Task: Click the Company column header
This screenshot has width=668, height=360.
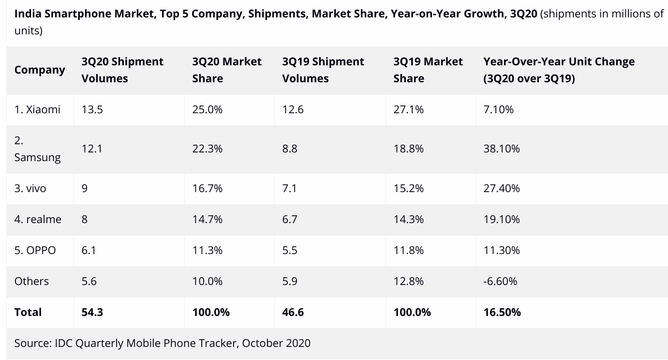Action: pos(40,70)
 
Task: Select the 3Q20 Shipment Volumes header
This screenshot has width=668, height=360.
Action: pos(122,70)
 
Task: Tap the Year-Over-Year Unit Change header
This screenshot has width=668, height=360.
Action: pos(559,70)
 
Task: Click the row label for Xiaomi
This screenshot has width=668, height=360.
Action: pos(37,109)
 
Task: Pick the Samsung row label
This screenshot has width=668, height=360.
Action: pos(37,149)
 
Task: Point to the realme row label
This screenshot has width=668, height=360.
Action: pos(38,219)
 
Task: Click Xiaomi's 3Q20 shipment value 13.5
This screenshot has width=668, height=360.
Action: pos(92,109)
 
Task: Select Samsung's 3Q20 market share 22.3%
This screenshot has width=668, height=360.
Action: pos(207,149)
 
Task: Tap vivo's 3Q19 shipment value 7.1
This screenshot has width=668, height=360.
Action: pos(289,188)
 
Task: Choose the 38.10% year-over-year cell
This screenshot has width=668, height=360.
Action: pos(501,149)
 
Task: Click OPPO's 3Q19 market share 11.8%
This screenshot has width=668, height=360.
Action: pos(408,250)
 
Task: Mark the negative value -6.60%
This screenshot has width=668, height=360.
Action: pos(500,281)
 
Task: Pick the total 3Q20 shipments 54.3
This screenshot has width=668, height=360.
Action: pos(92,312)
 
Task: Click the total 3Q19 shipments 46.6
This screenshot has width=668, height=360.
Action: pos(293,312)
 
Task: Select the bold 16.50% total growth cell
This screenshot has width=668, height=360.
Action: pos(502,312)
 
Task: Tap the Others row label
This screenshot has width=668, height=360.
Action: pos(31,281)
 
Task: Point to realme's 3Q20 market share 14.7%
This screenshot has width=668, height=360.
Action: pos(207,219)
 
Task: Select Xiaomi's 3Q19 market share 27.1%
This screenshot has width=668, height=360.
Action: pos(408,109)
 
